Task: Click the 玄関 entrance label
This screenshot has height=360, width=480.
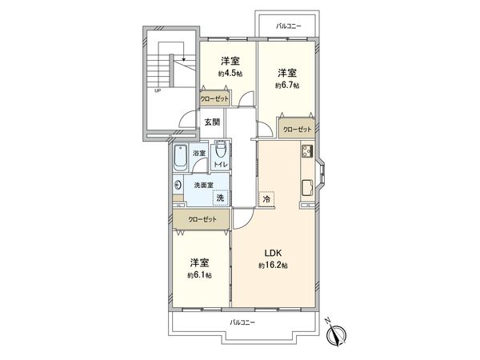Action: pos(211,122)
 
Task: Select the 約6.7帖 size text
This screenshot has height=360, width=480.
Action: pos(286,85)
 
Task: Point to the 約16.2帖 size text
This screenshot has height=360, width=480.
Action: pos(273,265)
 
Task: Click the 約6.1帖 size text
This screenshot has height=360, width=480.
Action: pos(201,275)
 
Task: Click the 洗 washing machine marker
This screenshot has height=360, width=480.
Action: pos(219,196)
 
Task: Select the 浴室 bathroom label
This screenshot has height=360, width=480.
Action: pos(198,152)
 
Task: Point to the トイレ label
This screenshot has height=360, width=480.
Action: pos(220,165)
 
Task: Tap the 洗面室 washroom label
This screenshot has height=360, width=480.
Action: pos(204,185)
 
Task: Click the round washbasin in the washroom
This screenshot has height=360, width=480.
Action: pos(177,186)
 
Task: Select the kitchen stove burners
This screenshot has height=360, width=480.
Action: pos(306,151)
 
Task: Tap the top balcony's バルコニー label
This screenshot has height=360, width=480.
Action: pos(288,26)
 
